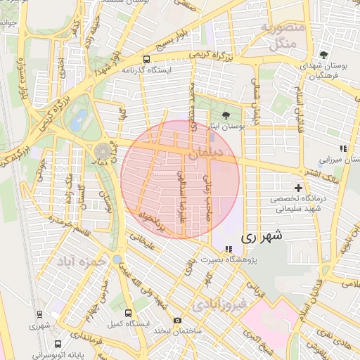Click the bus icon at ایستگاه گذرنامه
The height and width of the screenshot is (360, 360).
(x=146, y=60)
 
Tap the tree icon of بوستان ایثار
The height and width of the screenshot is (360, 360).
(x=226, y=116)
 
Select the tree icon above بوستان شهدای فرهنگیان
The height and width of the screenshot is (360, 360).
(x=323, y=55)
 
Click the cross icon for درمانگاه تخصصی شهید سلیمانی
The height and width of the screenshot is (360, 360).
(x=299, y=188)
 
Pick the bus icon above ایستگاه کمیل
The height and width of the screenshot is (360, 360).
(x=127, y=313)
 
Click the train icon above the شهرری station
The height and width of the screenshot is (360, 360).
(x=35, y=314)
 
